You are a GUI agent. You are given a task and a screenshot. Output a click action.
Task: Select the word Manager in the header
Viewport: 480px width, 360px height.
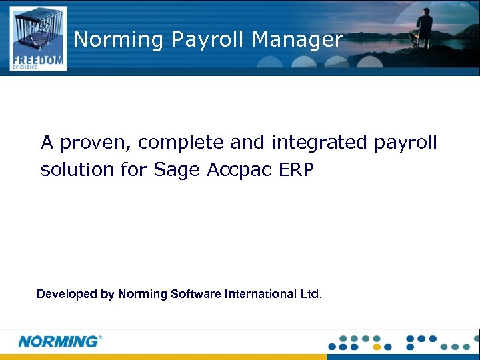[297, 40]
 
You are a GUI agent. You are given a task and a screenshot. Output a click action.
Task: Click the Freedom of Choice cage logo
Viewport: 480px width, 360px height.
[38, 38]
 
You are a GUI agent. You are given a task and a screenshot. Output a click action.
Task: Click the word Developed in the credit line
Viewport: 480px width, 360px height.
[65, 294]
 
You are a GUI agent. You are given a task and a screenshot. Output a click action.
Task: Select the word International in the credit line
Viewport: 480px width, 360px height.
[260, 294]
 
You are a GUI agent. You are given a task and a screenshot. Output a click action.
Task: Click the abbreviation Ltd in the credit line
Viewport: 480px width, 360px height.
[309, 294]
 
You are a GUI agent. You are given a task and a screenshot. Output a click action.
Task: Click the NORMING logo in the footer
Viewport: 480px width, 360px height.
[58, 341]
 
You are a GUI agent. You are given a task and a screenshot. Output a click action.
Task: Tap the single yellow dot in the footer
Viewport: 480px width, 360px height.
[377, 347]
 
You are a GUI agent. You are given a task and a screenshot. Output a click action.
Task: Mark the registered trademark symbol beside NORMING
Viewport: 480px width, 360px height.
[101, 337]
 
